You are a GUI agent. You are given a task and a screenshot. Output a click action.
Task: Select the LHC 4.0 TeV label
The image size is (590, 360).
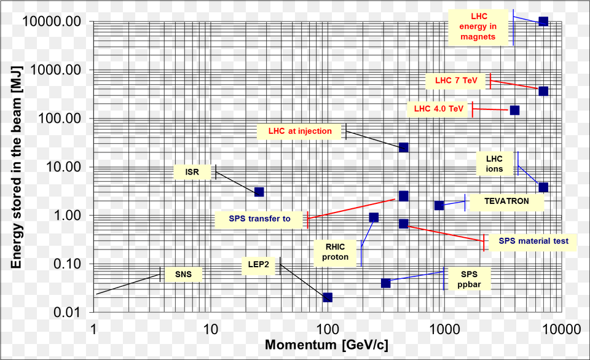pyautogui.click(x=438, y=109)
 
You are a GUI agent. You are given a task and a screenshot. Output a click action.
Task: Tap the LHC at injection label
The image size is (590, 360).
pyautogui.click(x=300, y=131)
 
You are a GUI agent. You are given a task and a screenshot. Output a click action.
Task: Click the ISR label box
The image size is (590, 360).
pyautogui.click(x=192, y=172)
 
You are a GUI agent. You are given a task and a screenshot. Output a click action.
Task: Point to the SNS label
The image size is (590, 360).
pyautogui.click(x=183, y=274)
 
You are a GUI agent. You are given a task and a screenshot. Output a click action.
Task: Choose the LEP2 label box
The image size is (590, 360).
pyautogui.click(x=258, y=265)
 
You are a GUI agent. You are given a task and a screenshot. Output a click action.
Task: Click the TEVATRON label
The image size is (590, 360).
pyautogui.click(x=506, y=201)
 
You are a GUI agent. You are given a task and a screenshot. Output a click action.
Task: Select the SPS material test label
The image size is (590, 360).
pyautogui.click(x=533, y=241)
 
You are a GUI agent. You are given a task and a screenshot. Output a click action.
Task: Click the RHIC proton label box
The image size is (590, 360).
pyautogui.click(x=335, y=252)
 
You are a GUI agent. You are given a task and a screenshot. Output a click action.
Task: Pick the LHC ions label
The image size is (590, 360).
pyautogui.click(x=494, y=164)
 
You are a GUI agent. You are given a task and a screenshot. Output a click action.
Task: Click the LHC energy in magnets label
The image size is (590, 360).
pyautogui.click(x=478, y=26)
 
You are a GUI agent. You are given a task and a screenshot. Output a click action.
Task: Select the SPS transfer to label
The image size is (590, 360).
pyautogui.click(x=260, y=219)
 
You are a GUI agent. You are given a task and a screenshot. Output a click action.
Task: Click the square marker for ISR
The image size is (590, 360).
pyautogui.click(x=259, y=192)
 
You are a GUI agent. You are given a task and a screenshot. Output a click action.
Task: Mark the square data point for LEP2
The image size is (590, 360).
pyautogui.click(x=328, y=297)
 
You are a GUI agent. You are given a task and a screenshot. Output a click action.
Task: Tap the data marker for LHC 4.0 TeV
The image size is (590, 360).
pyautogui.click(x=514, y=110)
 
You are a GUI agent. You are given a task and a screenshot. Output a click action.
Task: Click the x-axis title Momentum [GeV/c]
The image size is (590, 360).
pyautogui.click(x=326, y=345)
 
